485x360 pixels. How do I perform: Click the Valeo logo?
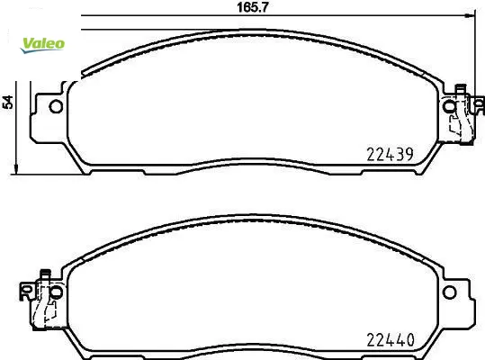click(x=42, y=45)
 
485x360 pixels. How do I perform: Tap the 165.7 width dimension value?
click(x=253, y=7)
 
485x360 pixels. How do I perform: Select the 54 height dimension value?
click(x=8, y=102)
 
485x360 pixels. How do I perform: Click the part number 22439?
click(x=390, y=154)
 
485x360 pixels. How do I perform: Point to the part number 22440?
click(x=391, y=340)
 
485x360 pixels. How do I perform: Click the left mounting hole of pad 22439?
click(x=56, y=107)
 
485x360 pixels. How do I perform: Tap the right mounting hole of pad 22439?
click(x=449, y=107)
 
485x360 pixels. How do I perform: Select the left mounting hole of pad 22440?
click(x=57, y=292)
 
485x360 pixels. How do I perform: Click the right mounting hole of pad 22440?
click(x=449, y=292)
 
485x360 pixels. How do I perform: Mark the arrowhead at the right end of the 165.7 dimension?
click(x=470, y=15)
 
